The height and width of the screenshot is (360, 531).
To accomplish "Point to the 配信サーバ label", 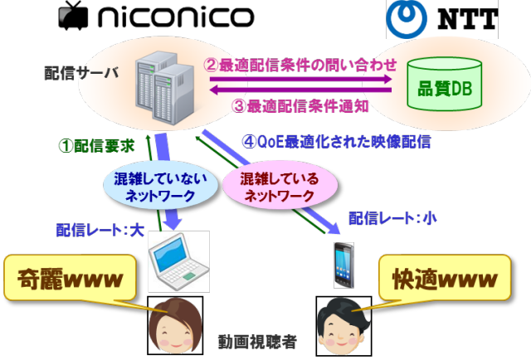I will [x=81, y=74].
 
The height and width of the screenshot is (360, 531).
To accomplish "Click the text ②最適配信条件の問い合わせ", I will [x=302, y=63].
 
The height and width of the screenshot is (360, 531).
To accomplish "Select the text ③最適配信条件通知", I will [x=300, y=105].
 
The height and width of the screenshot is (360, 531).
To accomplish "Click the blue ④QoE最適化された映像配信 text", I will [x=335, y=142].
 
